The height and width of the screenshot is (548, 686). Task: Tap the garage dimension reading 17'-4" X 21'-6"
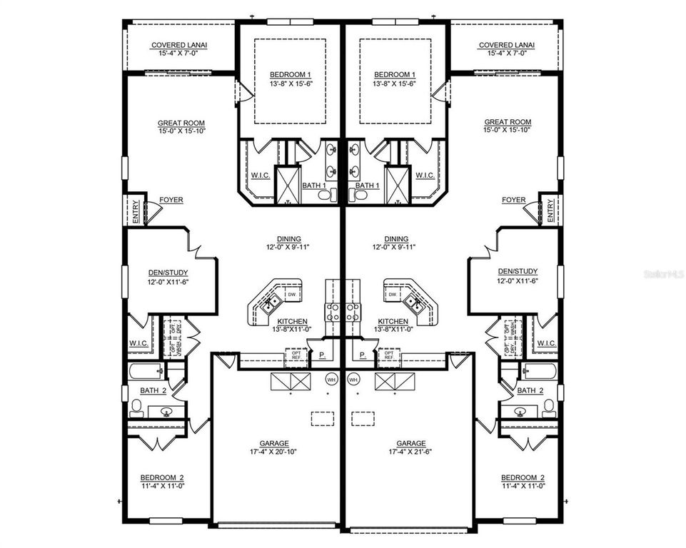411,452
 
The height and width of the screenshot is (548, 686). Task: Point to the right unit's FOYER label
514,201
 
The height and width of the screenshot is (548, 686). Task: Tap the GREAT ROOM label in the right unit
508,123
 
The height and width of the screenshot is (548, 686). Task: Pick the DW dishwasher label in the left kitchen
291,294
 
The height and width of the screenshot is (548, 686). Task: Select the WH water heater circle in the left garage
331,380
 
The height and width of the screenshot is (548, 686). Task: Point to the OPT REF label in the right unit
389,355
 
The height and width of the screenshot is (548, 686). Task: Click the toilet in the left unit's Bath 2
136,407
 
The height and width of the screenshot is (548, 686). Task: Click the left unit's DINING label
289,239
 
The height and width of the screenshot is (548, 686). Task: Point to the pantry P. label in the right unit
363,355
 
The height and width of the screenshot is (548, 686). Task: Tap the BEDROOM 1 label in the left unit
290,75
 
